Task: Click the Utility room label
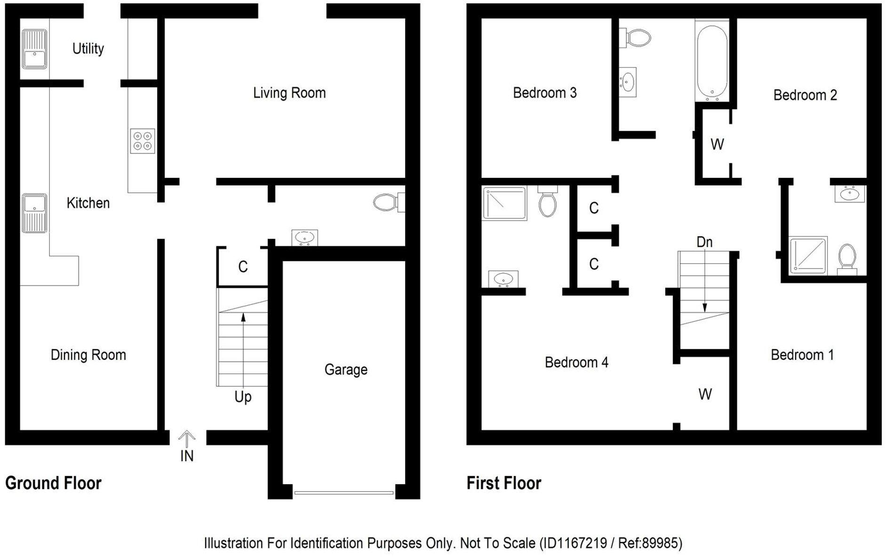tap(88, 48)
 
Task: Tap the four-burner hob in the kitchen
tap(142, 141)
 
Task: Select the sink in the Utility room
tap(34, 49)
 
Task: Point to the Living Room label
tap(289, 93)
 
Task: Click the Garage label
tap(346, 370)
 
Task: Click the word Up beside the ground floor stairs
tap(243, 397)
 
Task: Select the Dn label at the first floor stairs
tap(704, 242)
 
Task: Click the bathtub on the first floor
tap(712, 61)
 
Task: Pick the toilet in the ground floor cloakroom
tap(387, 202)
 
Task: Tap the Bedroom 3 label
tap(544, 93)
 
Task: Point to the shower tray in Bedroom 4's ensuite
tap(504, 203)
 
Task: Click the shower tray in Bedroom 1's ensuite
tap(808, 255)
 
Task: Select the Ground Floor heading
tap(53, 483)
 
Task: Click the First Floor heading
tap(503, 483)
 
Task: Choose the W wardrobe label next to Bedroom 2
tap(717, 144)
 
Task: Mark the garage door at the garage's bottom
tap(343, 493)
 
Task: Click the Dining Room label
tap(88, 355)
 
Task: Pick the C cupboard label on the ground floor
tap(243, 267)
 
